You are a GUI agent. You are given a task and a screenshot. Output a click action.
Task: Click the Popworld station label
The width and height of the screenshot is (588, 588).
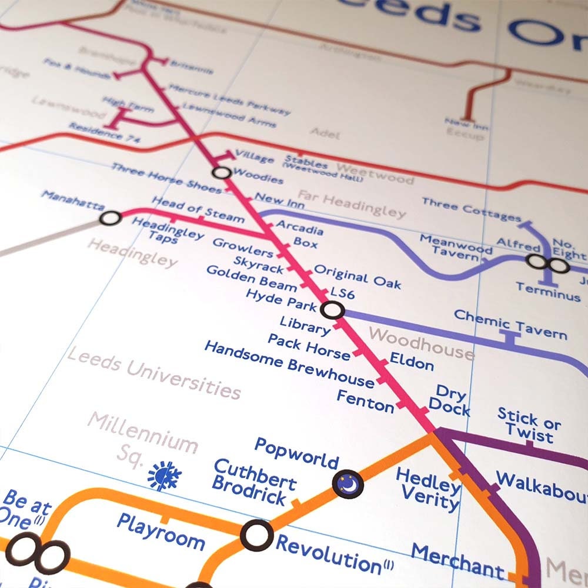(x=297, y=453)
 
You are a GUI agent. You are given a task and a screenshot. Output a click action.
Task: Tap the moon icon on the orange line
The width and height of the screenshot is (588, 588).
(x=348, y=484)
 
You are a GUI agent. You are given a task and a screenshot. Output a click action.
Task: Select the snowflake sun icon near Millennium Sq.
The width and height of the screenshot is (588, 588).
(x=163, y=476)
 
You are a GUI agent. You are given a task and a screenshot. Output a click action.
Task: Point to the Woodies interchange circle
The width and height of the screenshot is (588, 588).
(x=221, y=173)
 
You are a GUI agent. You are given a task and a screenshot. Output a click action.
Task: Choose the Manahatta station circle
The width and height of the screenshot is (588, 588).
(x=110, y=219)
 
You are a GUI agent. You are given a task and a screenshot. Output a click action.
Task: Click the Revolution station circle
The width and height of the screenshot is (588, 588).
(x=257, y=536)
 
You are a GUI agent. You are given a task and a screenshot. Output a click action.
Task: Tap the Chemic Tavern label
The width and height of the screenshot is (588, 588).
(x=510, y=325)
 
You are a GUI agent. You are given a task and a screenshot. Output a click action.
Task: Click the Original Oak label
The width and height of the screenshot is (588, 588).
(x=358, y=276)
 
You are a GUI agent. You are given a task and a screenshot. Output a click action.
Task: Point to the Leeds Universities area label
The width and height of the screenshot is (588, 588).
(x=154, y=373)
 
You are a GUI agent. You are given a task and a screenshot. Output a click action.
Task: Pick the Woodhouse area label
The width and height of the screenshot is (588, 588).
(x=421, y=344)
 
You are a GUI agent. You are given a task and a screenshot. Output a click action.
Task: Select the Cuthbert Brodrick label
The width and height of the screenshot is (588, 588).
(x=254, y=483)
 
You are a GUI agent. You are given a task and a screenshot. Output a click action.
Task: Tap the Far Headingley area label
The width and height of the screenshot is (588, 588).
(x=352, y=203)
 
